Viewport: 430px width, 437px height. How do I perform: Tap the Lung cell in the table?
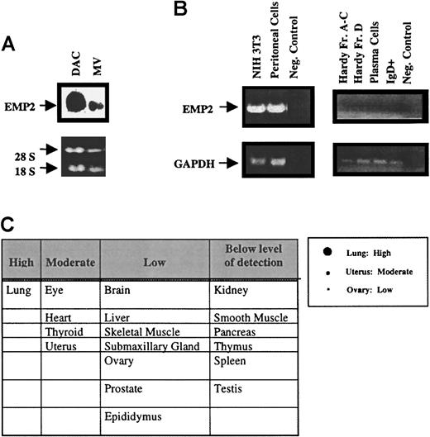coord(17,292)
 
